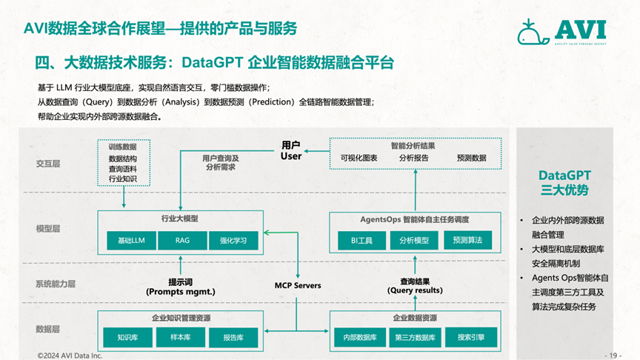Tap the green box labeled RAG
click(x=182, y=240)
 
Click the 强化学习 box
click(x=233, y=240)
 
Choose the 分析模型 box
click(x=414, y=240)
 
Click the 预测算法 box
click(x=467, y=240)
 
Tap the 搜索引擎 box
click(x=470, y=338)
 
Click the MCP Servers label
click(x=298, y=285)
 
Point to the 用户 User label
click(x=291, y=150)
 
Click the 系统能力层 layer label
click(x=56, y=284)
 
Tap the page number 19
click(x=613, y=355)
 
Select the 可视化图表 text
click(x=359, y=158)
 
